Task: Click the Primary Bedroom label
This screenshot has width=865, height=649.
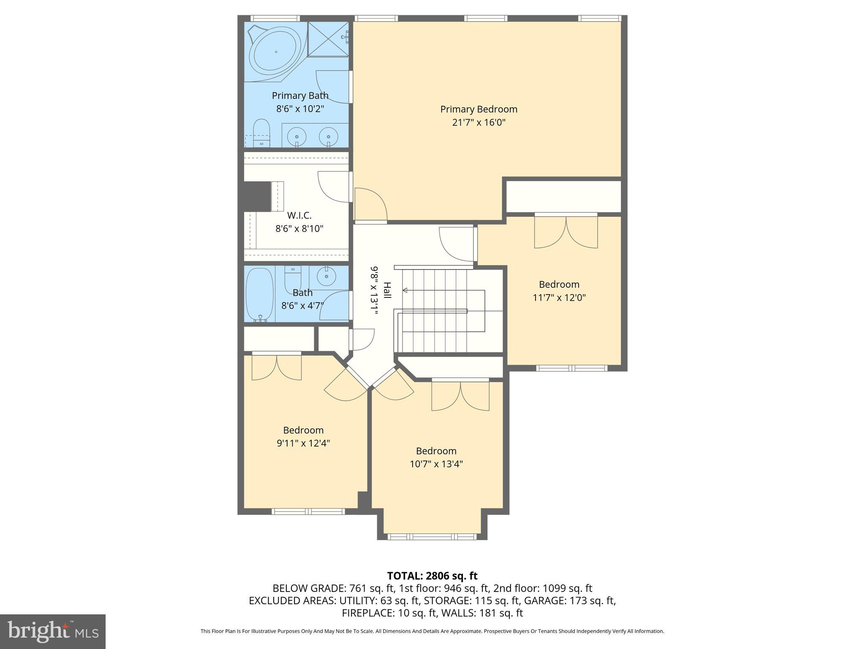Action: pos(479,109)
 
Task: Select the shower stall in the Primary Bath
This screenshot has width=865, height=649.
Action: pos(328,38)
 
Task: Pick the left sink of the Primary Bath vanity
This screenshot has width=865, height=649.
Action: pos(297,136)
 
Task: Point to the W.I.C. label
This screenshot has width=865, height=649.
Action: pos(299,215)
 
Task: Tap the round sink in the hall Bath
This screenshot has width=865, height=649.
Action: pos(326,277)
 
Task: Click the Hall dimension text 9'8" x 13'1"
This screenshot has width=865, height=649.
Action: pos(374,290)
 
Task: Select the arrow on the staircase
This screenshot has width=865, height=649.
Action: pos(405,290)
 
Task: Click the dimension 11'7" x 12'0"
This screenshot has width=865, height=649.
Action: pos(559,297)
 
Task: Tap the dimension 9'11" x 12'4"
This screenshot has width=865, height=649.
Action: pos(303,443)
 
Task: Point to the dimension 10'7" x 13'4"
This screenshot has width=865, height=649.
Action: pos(436,464)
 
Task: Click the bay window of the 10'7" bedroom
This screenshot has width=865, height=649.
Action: pos(432,537)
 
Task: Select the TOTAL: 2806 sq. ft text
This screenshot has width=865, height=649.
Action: pos(432,576)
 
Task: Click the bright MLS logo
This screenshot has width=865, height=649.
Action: pos(53,631)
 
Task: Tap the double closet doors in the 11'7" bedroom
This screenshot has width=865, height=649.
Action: pos(566,232)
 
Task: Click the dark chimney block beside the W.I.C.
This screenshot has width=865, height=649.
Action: pos(257,196)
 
